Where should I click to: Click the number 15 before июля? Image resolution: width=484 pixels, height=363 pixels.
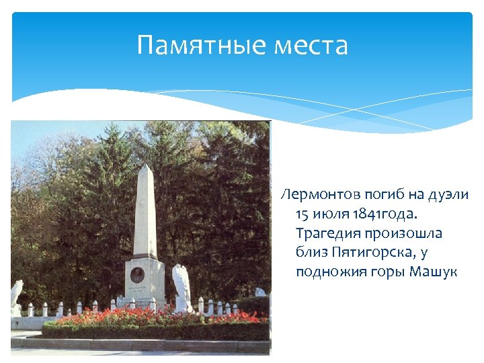coord(302,214)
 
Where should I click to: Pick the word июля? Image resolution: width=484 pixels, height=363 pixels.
coord(331,214)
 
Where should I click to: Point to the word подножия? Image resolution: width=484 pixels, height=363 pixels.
coord(327,272)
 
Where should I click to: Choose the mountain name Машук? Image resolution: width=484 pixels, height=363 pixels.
coord(434,272)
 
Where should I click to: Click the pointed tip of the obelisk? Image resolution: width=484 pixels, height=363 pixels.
coord(145,165)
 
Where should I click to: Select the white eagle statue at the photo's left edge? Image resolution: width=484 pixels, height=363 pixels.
coord(16,294)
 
